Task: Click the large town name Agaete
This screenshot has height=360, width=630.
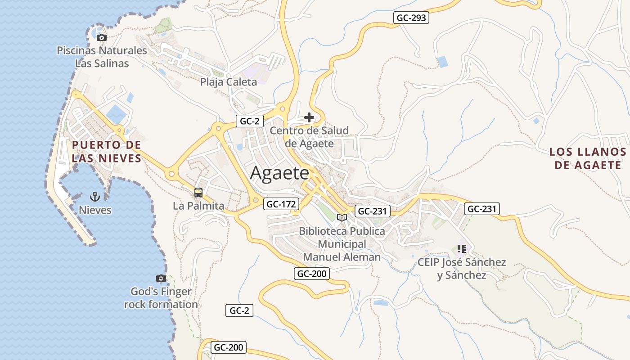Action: pos(280,173)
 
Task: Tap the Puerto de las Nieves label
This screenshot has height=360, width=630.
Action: pos(106,152)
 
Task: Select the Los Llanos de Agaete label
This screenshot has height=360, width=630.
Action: pos(588,158)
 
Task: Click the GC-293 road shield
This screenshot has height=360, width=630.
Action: pos(411,18)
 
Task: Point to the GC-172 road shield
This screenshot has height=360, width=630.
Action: pos(282,204)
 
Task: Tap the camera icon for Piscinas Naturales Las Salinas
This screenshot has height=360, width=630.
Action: pos(102,37)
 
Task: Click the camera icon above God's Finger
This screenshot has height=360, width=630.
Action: pos(161,278)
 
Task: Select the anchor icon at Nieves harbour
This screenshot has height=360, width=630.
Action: pos(94,196)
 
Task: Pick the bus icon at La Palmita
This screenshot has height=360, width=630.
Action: pos(198,193)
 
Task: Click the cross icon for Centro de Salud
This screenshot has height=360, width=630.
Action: pos(309,117)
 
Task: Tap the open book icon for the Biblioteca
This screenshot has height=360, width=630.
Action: pos(342,218)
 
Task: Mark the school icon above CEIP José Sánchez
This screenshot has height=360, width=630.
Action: pos(461,248)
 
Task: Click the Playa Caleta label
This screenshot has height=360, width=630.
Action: pos(229,82)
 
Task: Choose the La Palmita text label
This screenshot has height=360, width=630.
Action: pos(198,206)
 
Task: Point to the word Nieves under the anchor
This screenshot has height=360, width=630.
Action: pos(95,210)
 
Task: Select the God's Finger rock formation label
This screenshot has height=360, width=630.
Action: pos(161,298)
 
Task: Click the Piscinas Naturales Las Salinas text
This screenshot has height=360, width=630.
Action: pos(102,57)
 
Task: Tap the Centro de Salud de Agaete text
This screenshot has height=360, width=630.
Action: pos(309,137)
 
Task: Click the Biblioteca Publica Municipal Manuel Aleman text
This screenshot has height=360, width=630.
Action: pos(342,244)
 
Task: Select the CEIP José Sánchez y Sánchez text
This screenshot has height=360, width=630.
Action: pos(462,269)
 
